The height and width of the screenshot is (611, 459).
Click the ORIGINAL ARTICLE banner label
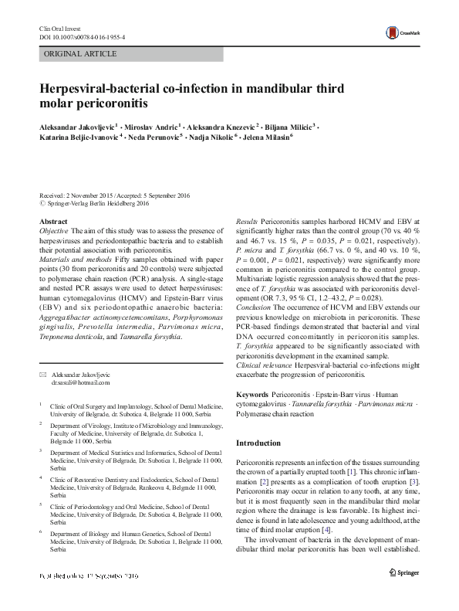click(x=81, y=54)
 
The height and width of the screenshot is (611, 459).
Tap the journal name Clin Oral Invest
click(x=59, y=28)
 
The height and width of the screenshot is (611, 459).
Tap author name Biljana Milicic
click(x=289, y=127)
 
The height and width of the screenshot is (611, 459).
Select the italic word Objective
click(x=54, y=231)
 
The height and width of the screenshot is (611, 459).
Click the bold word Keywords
click(x=252, y=395)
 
